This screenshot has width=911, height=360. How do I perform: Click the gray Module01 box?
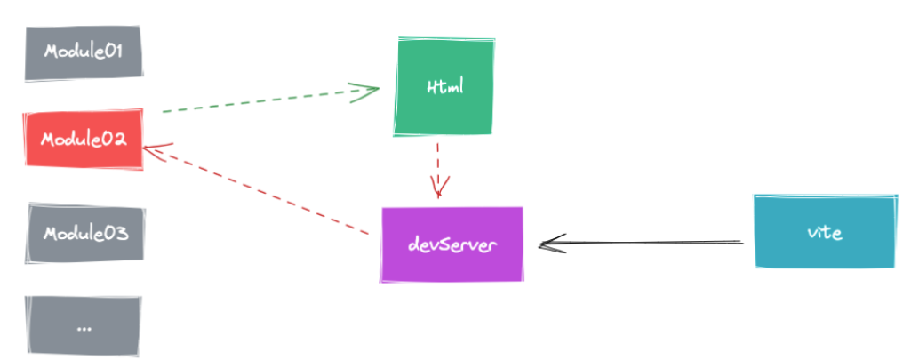(x=84, y=52)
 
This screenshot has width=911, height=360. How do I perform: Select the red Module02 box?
(x=84, y=140)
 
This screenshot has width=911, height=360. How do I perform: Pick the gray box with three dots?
(x=84, y=326)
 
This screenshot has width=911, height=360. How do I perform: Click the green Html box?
(x=444, y=87)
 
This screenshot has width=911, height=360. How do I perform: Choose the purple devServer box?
(x=452, y=244)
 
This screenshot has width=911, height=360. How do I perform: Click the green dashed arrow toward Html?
(x=267, y=100)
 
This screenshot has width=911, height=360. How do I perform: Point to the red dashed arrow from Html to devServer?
(x=437, y=164)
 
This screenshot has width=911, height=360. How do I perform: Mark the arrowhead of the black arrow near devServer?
(x=548, y=243)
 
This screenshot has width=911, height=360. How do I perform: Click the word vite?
(x=824, y=233)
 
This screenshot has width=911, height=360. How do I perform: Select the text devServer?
(x=452, y=244)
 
